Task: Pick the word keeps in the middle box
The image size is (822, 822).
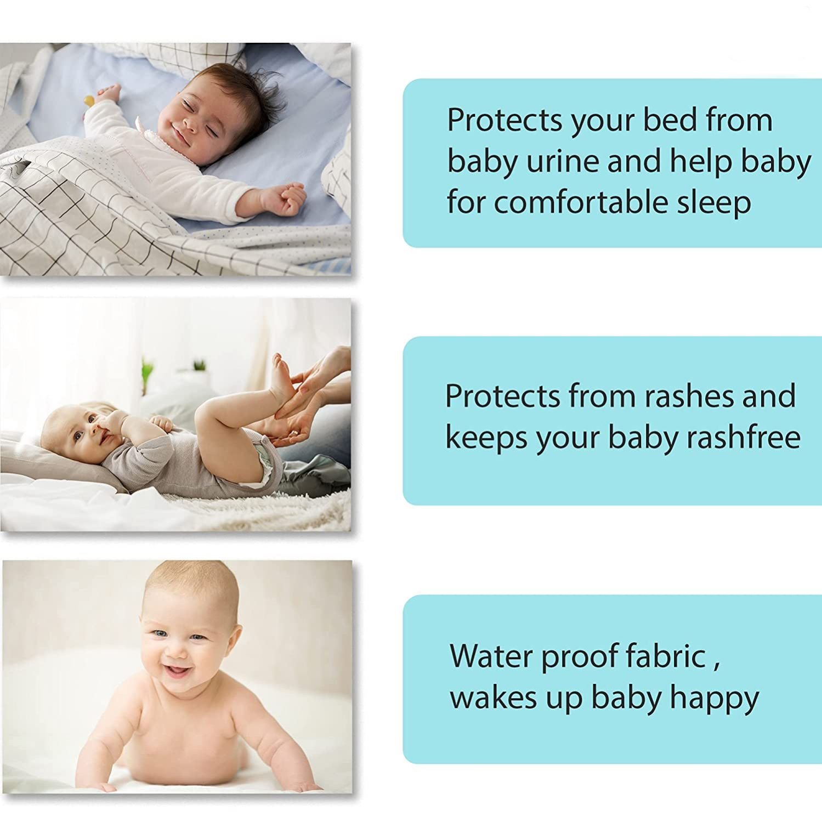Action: [x=486, y=438]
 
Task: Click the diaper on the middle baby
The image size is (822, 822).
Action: [x=266, y=464]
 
